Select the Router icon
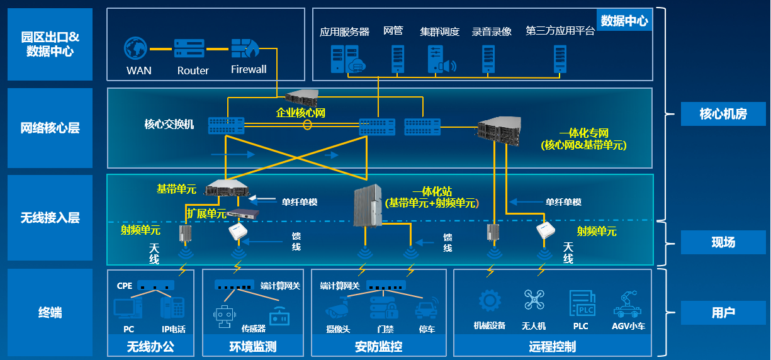pos(189,48)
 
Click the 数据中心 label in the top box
pos(624,21)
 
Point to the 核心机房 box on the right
pos(723,114)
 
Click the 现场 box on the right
pos(723,242)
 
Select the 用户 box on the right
pos(723,312)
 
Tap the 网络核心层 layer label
pos(50,128)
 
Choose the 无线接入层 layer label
pos(50,218)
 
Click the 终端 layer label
pos(50,312)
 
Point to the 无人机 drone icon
pos(534,300)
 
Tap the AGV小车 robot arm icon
pos(628,303)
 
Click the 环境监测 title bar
pos(252,347)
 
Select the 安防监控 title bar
pos(378,347)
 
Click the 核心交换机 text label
pos(169,124)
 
